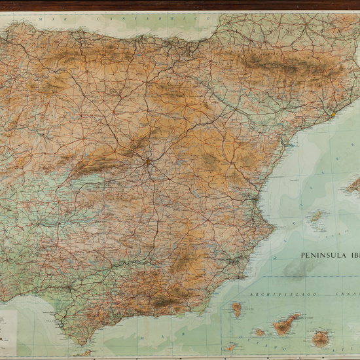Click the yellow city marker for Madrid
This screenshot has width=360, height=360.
(x=148, y=161)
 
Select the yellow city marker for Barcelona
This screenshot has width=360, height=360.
(x=333, y=114)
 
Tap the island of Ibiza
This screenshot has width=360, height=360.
(x=317, y=215)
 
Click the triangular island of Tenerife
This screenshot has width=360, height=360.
(x=286, y=324)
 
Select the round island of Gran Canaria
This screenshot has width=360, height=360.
(x=321, y=338)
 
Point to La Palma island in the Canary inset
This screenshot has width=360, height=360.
(x=236, y=310)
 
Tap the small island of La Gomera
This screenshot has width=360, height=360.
(x=260, y=333)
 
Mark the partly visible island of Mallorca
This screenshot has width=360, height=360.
(x=353, y=186)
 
